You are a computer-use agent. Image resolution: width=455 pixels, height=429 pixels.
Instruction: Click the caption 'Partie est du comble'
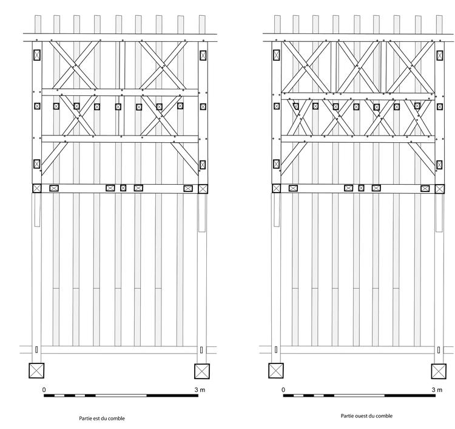click(x=102, y=419)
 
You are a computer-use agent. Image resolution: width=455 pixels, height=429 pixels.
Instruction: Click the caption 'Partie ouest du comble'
click(x=366, y=416)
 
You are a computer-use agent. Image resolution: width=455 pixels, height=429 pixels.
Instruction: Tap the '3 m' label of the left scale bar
click(x=200, y=390)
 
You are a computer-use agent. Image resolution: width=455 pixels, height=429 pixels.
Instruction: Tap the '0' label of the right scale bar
click(x=283, y=390)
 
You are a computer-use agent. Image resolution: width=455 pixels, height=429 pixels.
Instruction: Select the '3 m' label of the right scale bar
click(x=437, y=390)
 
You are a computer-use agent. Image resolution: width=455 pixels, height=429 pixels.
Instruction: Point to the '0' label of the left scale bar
click(x=44, y=390)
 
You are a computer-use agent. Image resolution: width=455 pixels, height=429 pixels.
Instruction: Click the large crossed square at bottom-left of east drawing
click(x=36, y=371)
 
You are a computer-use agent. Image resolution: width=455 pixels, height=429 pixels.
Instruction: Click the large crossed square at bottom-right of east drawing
click(x=202, y=371)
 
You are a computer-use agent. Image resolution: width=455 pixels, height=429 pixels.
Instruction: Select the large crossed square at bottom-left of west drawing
click(x=276, y=371)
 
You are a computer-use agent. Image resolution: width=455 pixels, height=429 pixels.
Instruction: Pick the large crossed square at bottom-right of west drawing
click(x=439, y=371)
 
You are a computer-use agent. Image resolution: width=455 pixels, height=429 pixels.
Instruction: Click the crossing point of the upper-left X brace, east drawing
click(x=75, y=65)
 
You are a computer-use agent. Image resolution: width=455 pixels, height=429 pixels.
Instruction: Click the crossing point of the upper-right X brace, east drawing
click(x=163, y=66)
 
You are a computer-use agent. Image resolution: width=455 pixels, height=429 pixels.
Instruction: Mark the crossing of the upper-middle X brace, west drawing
click(x=359, y=67)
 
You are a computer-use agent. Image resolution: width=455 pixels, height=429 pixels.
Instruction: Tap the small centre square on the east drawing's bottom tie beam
click(x=123, y=188)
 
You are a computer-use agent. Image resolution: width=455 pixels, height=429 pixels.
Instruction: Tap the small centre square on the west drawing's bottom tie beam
click(x=362, y=188)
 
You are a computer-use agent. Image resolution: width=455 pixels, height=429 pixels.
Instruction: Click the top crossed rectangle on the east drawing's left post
click(x=37, y=55)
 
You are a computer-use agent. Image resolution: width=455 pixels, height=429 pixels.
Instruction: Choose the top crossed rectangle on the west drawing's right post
click(x=440, y=55)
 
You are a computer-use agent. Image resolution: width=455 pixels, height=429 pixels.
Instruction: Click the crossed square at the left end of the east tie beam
click(x=37, y=188)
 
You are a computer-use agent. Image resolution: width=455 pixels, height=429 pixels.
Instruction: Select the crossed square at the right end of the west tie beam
click(x=440, y=189)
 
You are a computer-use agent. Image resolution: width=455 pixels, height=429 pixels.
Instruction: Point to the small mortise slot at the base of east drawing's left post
click(x=36, y=350)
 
